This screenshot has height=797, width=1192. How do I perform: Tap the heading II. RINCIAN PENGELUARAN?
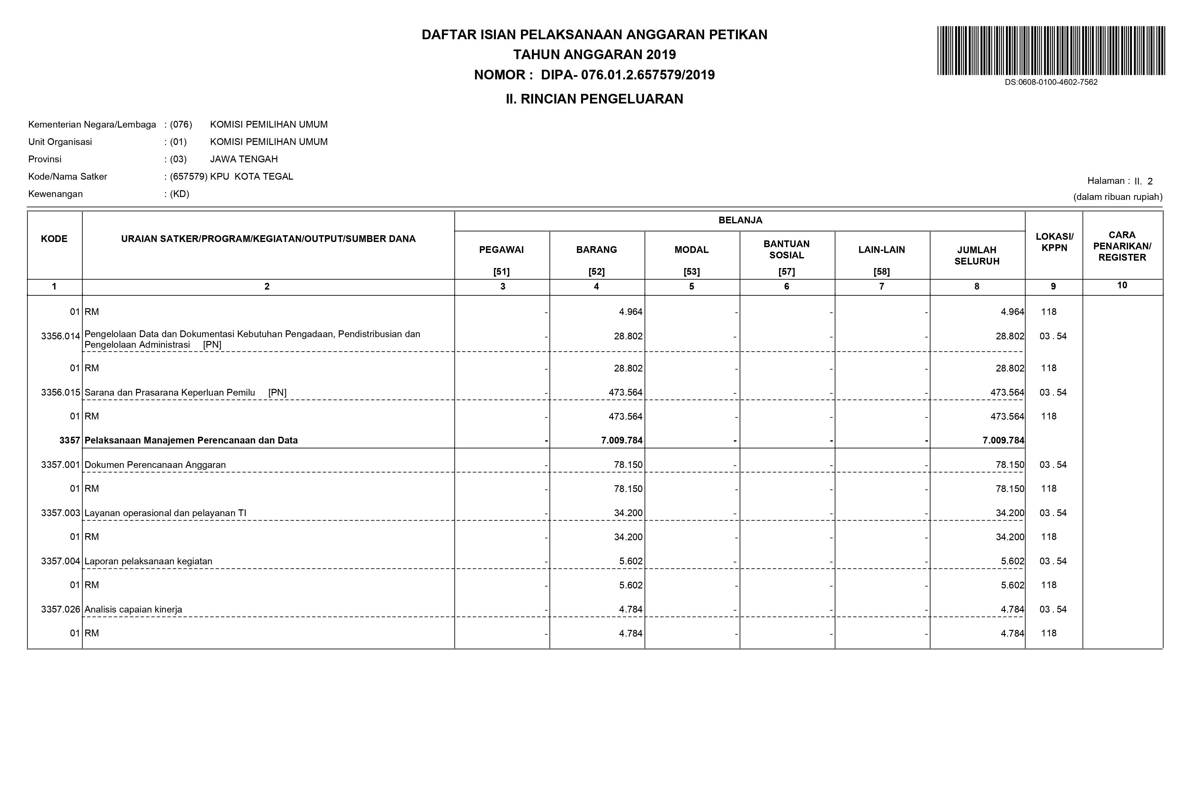click(x=594, y=99)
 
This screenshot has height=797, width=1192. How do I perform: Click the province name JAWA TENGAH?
click(x=244, y=159)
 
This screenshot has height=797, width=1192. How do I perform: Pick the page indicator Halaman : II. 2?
click(x=1120, y=181)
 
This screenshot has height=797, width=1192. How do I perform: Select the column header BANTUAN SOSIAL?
click(x=786, y=250)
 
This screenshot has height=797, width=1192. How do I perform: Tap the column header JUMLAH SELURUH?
click(x=976, y=256)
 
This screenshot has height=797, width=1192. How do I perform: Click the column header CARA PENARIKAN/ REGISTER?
click(x=1122, y=246)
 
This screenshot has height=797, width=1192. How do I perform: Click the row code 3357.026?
click(x=60, y=609)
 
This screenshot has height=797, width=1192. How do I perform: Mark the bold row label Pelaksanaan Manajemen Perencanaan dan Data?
click(x=191, y=441)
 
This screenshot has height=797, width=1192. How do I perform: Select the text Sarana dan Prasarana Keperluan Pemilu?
click(x=170, y=392)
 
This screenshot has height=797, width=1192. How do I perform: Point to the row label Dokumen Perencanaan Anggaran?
click(x=155, y=465)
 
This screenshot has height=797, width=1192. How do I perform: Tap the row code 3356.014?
click(x=60, y=336)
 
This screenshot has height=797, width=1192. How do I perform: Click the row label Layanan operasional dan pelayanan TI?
click(x=165, y=513)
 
